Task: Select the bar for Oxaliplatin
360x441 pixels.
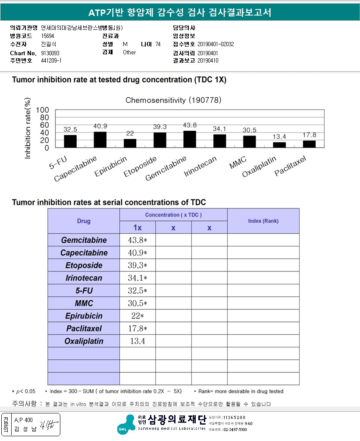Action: point(279,145)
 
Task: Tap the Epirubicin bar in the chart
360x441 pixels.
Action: point(130,143)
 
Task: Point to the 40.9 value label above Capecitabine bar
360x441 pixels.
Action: point(100,126)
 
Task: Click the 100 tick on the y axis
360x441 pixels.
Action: point(42,110)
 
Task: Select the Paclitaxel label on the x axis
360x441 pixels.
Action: point(290,167)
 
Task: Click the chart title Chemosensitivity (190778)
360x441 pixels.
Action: point(173,100)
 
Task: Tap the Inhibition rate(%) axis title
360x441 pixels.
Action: point(28,129)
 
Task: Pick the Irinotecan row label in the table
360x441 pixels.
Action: point(84,278)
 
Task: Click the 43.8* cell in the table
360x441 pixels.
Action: point(138,240)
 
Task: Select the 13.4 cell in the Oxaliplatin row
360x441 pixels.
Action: point(138,341)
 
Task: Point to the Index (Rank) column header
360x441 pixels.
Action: point(263,221)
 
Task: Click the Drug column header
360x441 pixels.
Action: point(84,221)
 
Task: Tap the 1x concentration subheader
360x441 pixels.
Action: point(137,227)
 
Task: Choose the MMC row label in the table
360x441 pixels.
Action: point(84,303)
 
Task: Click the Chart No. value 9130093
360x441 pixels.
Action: point(50,53)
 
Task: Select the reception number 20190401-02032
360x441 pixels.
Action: point(216,44)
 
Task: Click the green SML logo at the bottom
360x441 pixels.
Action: point(125,423)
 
